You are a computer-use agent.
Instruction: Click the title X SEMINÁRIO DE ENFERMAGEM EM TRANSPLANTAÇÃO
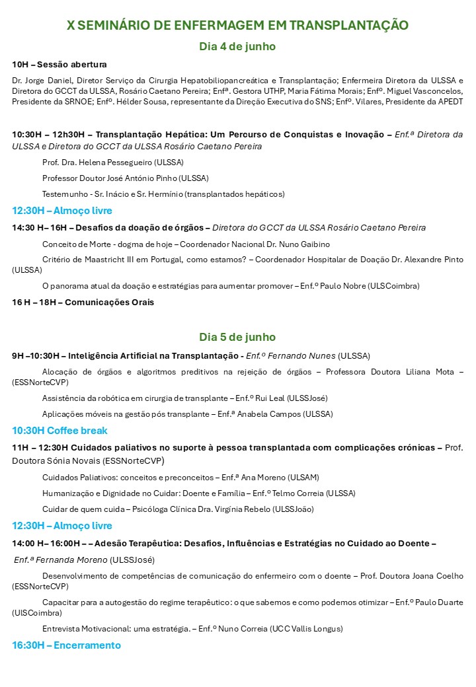point(237,25)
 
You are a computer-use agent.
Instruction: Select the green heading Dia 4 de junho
point(237,46)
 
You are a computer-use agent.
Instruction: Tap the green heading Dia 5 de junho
point(237,337)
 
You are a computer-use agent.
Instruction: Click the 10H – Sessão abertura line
point(59,64)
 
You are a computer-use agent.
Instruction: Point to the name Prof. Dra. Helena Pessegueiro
point(112,162)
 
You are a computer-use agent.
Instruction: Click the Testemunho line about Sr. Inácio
point(163,194)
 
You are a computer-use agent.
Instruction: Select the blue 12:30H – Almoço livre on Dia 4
point(62,211)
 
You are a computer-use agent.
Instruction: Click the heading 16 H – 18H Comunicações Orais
point(83,303)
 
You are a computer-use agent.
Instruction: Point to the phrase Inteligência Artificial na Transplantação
point(153,355)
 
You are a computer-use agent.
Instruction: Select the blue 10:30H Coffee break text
point(59,431)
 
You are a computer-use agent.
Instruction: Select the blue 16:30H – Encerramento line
point(67,645)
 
